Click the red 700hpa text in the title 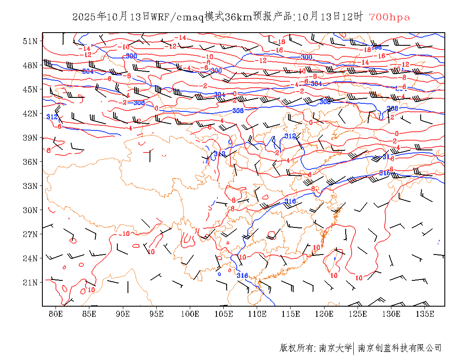(389, 17)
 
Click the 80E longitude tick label (56, 314)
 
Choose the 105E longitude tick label (224, 314)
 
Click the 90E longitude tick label (123, 314)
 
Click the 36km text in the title (238, 17)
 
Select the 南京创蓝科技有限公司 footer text (400, 348)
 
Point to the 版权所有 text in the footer (297, 348)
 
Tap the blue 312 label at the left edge (52, 117)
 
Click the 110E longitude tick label (257, 314)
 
